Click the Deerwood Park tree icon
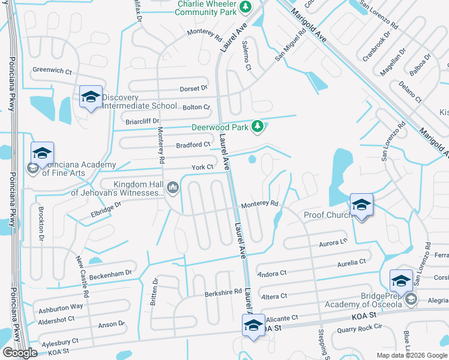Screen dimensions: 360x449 258,126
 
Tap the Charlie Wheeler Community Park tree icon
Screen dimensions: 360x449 245,7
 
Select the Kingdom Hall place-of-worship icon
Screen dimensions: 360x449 173,188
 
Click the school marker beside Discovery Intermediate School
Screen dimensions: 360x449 91,97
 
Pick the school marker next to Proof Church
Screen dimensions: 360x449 361,206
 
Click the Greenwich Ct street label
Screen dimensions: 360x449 52,70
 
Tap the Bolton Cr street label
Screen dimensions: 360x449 196,107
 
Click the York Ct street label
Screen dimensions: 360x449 203,167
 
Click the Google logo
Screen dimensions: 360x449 20,353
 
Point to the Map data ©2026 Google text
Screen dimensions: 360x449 411,355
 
